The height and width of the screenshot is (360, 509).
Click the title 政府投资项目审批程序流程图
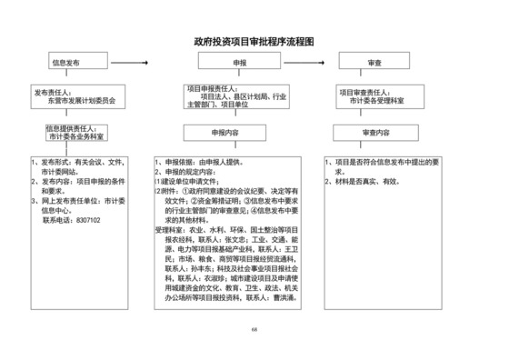coord(254,42)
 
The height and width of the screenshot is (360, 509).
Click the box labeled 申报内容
coord(238,133)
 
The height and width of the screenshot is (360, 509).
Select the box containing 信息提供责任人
coord(78,133)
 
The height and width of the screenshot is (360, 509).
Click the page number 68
coord(254,331)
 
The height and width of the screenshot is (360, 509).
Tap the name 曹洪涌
coord(278,296)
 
